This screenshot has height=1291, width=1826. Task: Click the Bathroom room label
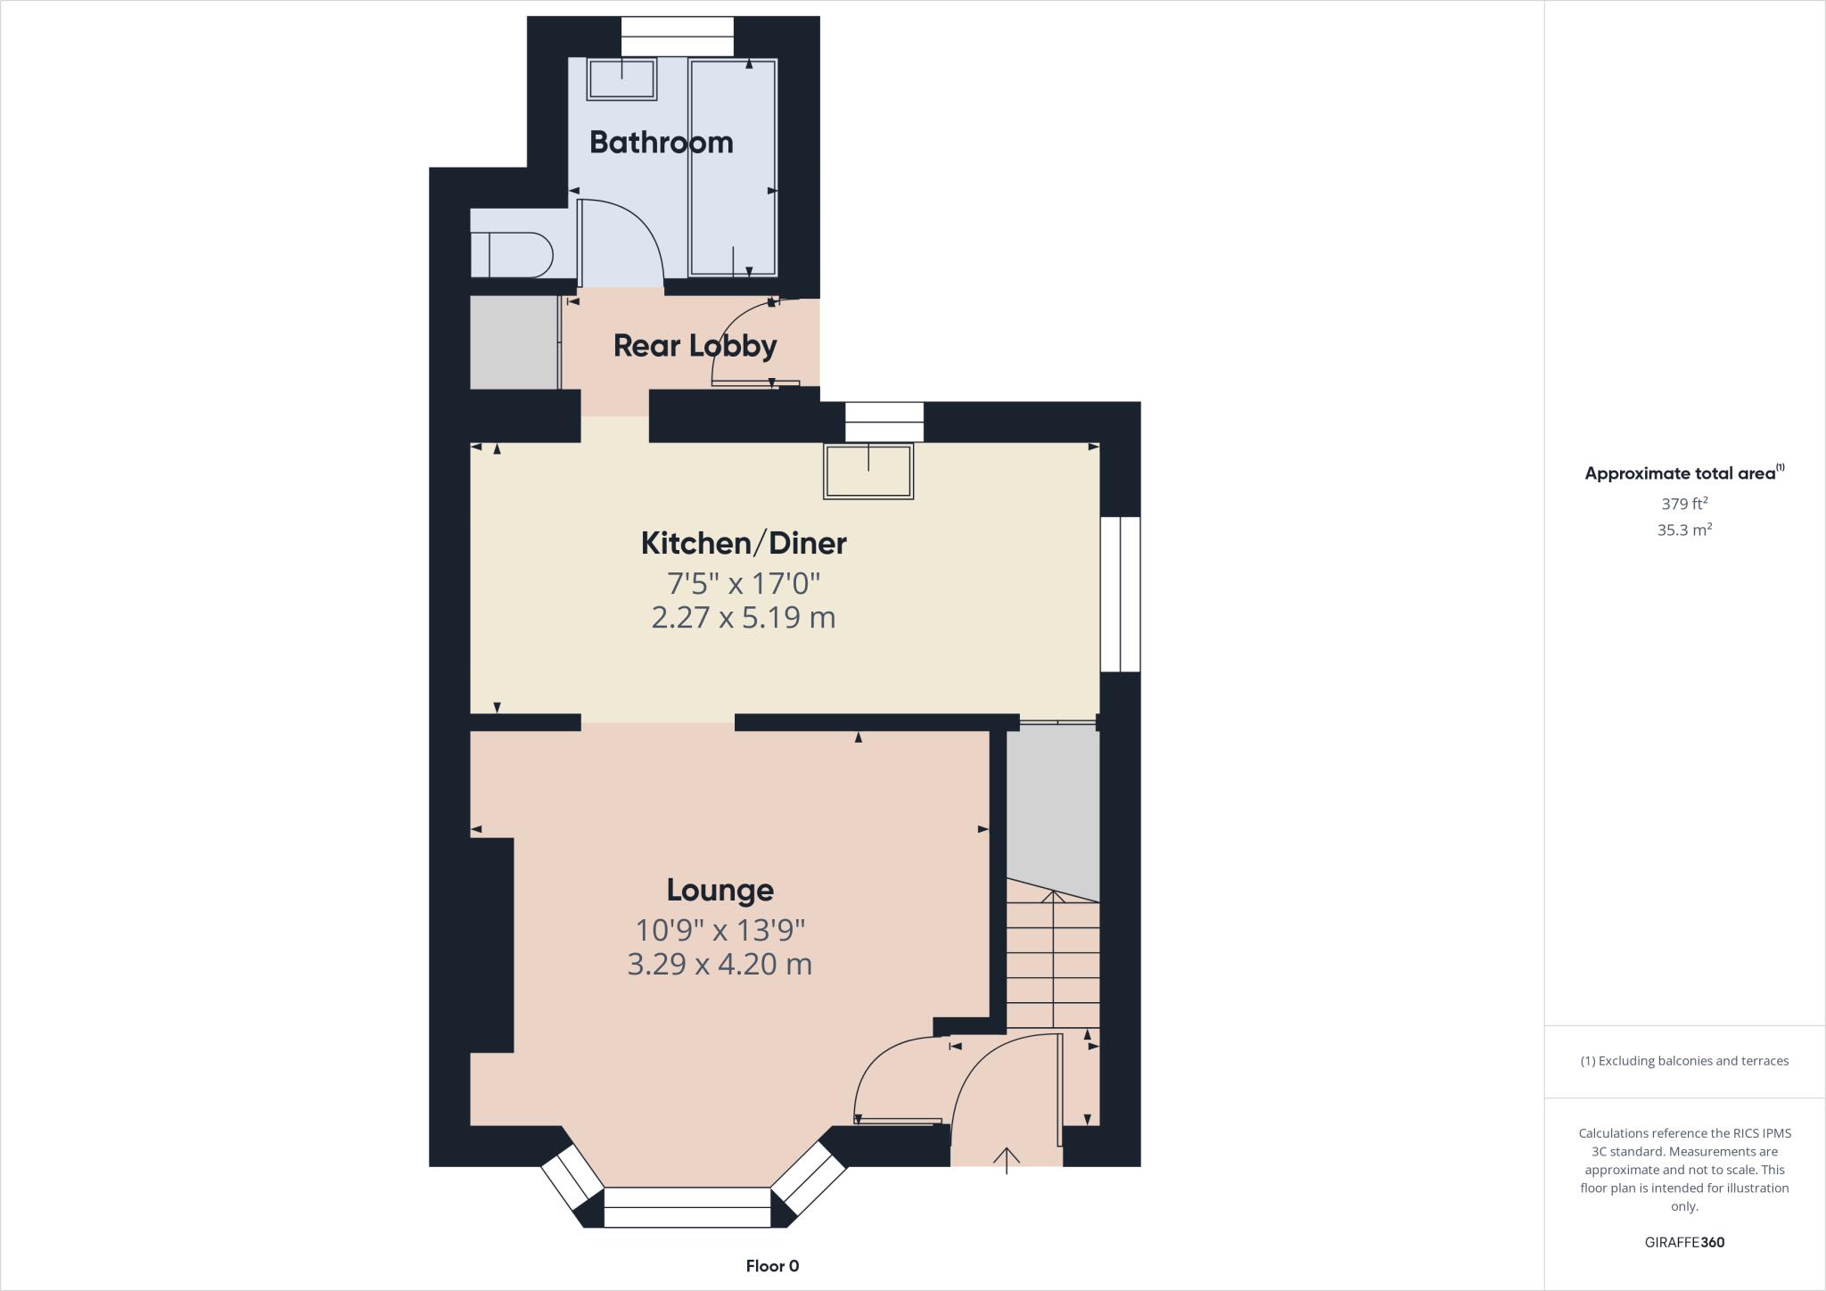(661, 143)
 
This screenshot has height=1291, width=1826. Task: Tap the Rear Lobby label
(695, 346)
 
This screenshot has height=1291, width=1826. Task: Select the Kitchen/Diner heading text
(744, 543)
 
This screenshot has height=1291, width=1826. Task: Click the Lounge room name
(720, 890)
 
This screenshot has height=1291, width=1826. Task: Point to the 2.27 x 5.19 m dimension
(744, 617)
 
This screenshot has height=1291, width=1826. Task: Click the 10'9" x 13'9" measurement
(720, 931)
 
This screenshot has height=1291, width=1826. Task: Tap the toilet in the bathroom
(512, 254)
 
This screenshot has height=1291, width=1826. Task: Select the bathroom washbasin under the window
(621, 78)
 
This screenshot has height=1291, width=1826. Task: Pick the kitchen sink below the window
(868, 470)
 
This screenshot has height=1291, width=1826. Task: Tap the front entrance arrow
(1007, 1159)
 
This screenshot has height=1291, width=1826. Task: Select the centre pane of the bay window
(687, 1207)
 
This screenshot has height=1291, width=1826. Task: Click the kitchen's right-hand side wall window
(1120, 594)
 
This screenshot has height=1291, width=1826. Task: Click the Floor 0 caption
(772, 1266)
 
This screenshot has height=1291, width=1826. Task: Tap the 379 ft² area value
(1683, 503)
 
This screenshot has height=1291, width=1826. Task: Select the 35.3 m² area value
(1683, 530)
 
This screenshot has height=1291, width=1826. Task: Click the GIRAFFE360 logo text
(1683, 1242)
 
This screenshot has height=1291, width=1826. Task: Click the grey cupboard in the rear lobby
(514, 342)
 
